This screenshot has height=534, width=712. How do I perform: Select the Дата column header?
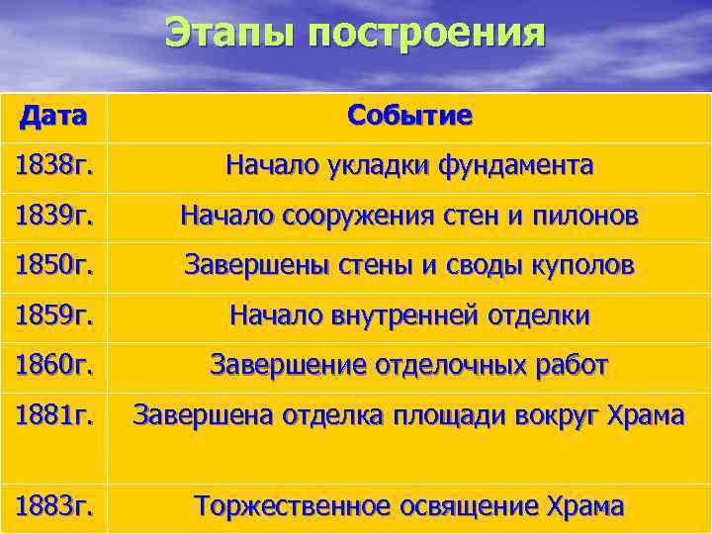(52, 117)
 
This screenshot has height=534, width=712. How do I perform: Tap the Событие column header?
(409, 116)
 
